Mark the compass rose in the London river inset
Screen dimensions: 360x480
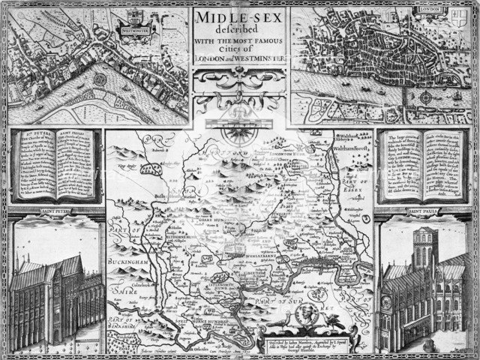[426, 97]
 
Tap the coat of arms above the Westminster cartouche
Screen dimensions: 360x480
[133, 14]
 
